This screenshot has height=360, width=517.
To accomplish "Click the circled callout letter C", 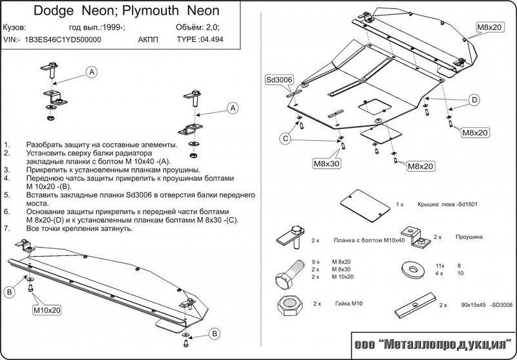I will [x=285, y=138].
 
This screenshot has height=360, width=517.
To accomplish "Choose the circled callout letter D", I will [x=474, y=100].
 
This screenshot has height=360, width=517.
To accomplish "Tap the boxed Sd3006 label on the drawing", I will [x=279, y=79].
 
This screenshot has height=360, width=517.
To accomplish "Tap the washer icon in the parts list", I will [x=411, y=267].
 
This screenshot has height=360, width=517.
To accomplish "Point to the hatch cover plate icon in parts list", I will [x=361, y=206].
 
